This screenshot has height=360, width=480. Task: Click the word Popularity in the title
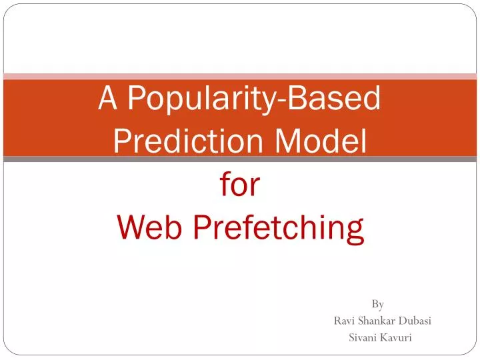coord(204,100)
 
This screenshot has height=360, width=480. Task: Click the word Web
coord(150,227)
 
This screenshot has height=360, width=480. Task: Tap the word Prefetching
coord(278,229)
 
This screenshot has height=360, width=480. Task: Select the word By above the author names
coord(377,305)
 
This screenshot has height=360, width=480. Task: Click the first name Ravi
coord(343,321)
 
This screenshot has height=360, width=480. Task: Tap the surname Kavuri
coord(397,337)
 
